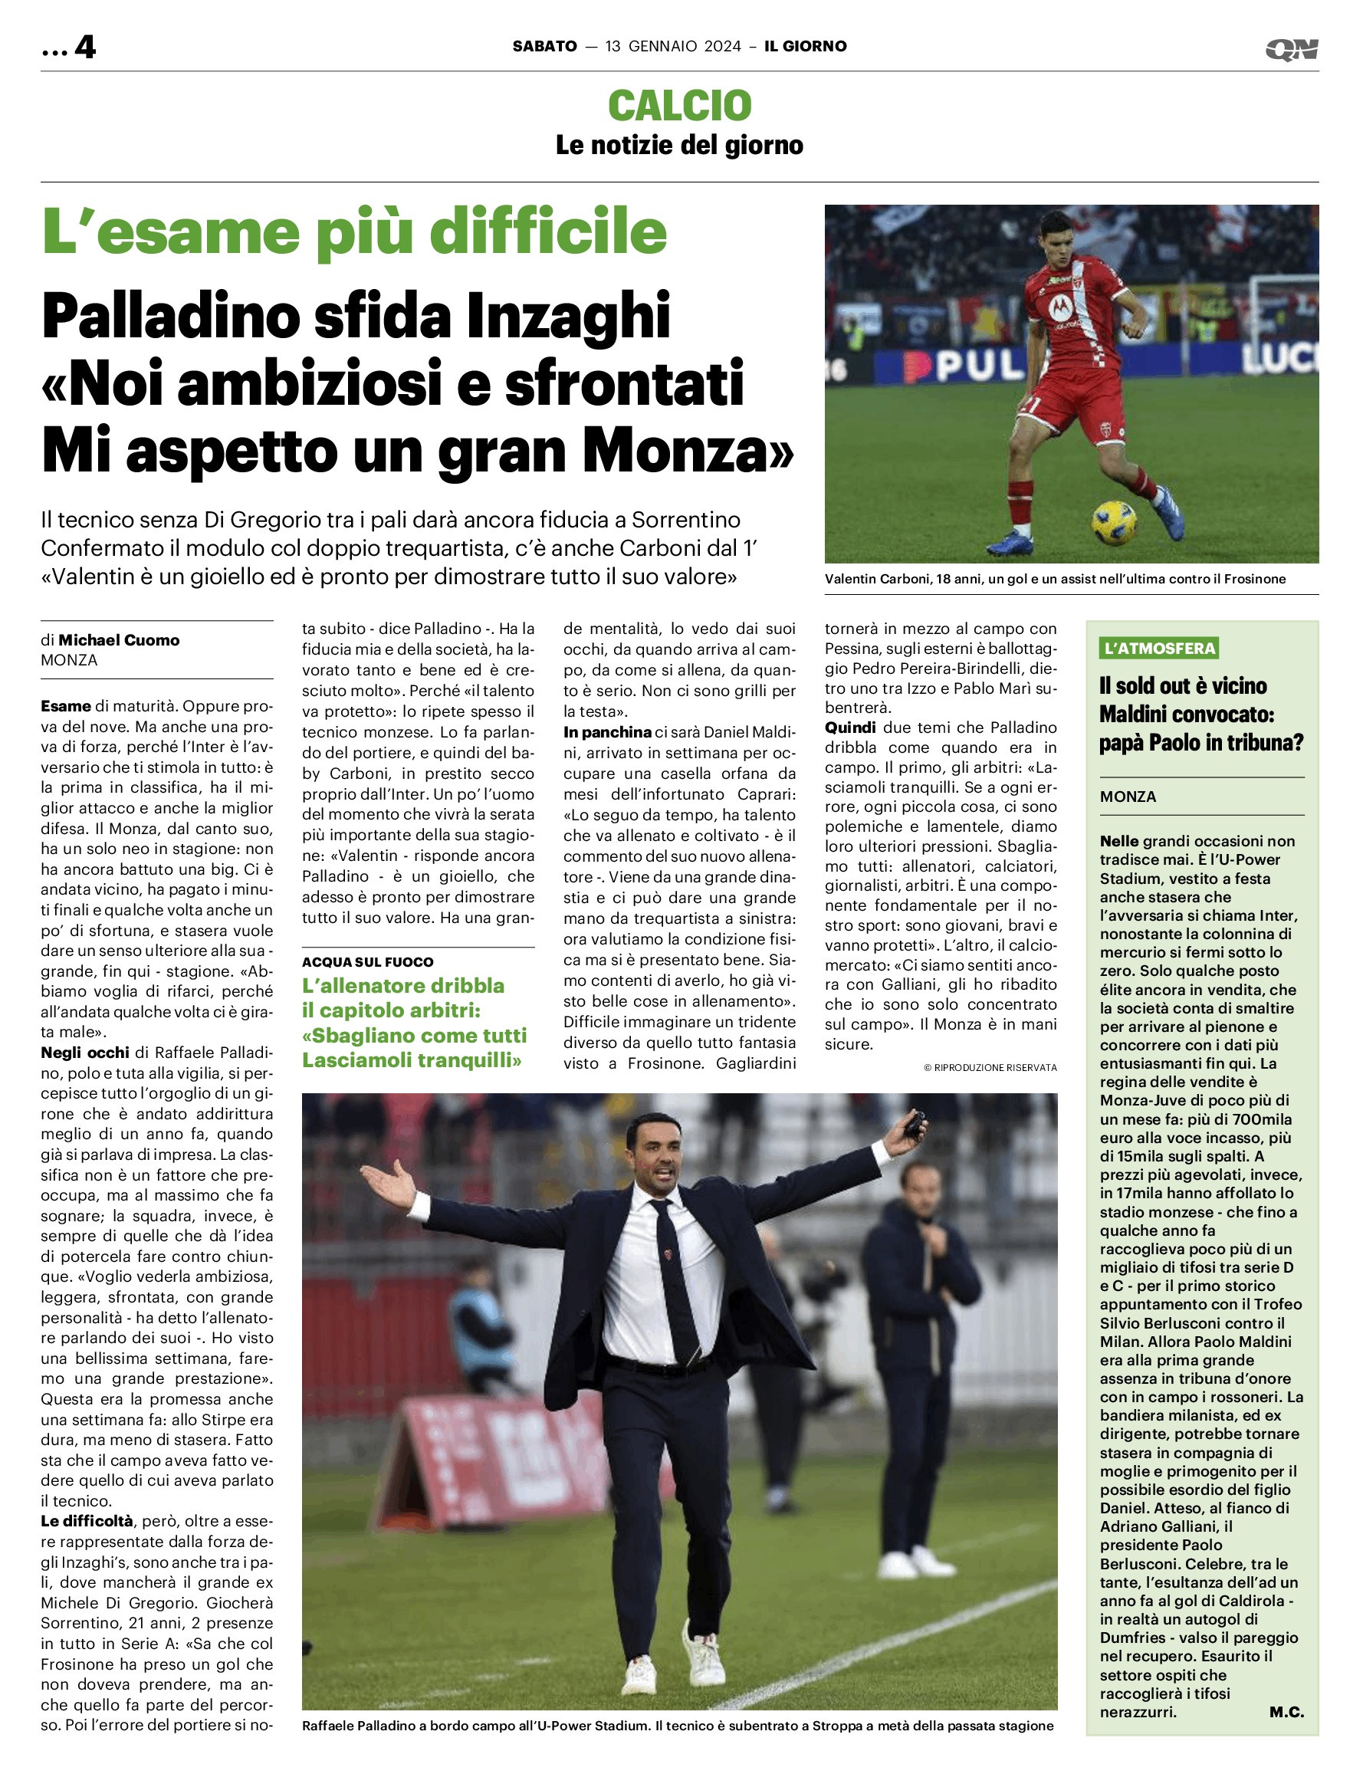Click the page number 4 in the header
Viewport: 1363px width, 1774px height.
[x=84, y=47]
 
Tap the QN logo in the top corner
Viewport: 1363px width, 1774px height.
[x=1292, y=50]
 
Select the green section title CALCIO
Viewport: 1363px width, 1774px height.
[x=680, y=106]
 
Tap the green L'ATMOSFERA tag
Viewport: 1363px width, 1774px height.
[x=1159, y=648]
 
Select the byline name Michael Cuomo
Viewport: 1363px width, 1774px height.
[x=119, y=640]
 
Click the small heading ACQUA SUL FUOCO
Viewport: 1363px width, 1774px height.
[x=367, y=962]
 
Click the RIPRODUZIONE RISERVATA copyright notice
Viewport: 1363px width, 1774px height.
[x=990, y=1067]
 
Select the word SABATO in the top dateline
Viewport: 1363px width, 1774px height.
[x=544, y=46]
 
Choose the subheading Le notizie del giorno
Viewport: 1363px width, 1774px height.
[x=680, y=145]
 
